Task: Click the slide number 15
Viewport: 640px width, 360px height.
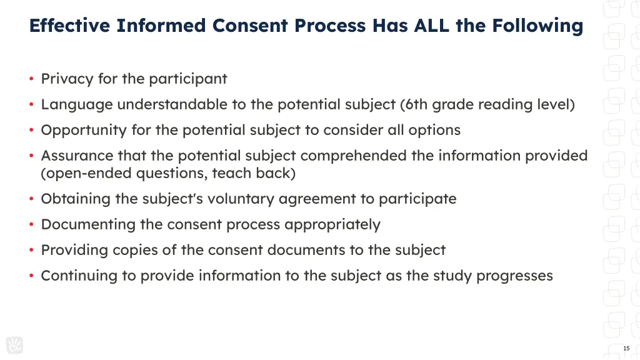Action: coord(626,348)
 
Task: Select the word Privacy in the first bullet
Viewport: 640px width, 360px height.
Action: coord(63,79)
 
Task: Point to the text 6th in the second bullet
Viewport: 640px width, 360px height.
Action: coord(416,104)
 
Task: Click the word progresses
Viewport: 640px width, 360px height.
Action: coord(514,276)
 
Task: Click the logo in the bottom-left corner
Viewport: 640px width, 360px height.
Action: coord(14,345)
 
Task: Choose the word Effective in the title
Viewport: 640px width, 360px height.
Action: coord(69,26)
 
